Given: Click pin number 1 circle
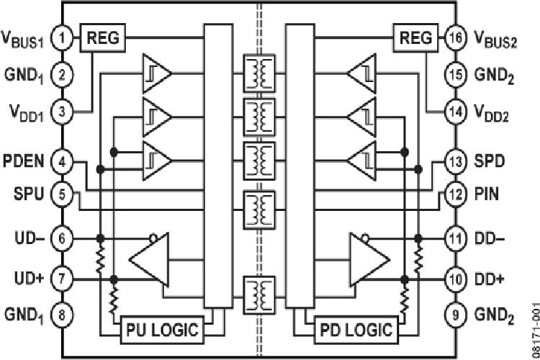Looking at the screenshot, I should tap(63, 37).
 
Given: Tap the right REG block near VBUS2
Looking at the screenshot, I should tap(415, 37).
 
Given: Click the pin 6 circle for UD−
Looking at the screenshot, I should tap(63, 238).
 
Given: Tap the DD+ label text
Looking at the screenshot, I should tap(491, 278).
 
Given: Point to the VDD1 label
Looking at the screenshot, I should tap(24, 112).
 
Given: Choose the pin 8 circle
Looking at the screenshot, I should tap(63, 315).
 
